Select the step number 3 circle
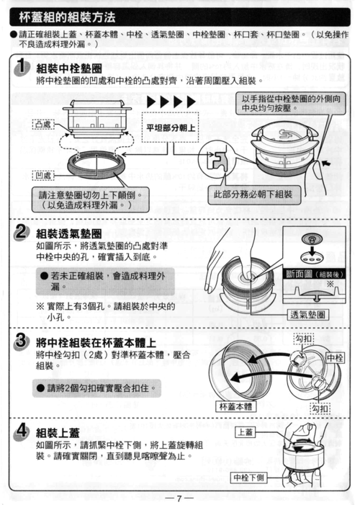22,339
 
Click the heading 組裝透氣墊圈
69,233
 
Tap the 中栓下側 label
249,478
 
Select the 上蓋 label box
246,432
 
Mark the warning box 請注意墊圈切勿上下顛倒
85,200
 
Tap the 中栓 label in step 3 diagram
334,357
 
